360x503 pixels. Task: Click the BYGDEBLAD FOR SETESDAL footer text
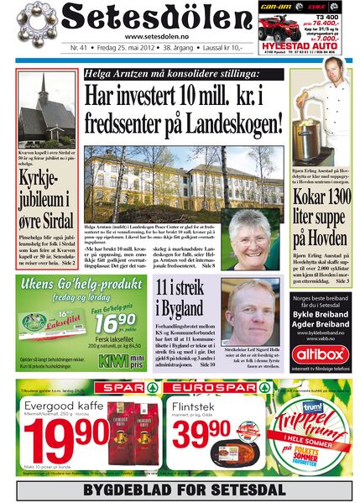click(180, 490)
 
